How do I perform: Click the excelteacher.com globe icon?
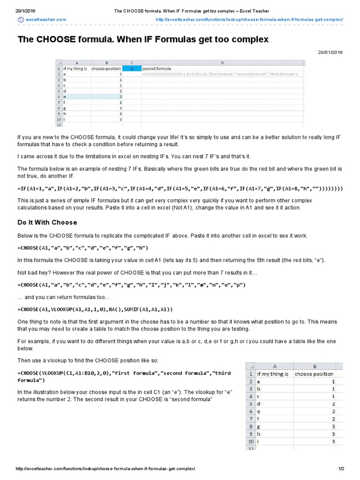[21, 19]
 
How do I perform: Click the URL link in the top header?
[249, 19]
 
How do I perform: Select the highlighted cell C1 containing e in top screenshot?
[132, 68]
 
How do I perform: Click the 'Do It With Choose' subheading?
[47, 222]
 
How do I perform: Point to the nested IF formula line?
[180, 188]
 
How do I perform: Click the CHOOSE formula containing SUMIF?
[95, 309]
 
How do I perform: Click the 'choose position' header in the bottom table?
[315, 374]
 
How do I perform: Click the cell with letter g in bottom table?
[258, 426]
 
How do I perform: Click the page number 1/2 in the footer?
[341, 469]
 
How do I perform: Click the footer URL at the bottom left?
[105, 469]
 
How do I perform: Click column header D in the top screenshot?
[222, 63]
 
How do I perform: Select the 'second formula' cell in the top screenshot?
[157, 68]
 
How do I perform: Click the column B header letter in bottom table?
[315, 366]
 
